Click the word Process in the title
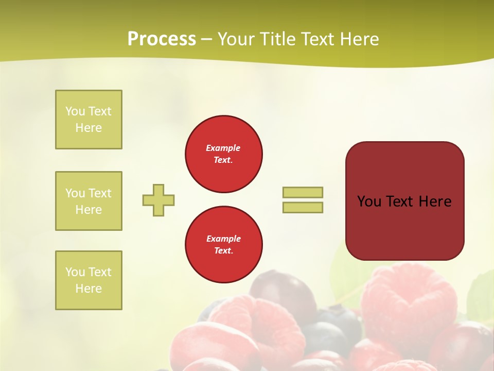click(x=162, y=39)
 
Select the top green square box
click(x=89, y=120)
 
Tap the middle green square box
click(x=89, y=201)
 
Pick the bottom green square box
click(x=89, y=280)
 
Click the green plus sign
click(x=158, y=200)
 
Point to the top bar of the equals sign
click(x=303, y=192)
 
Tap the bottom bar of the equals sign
click(x=303, y=207)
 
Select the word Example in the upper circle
click(x=223, y=148)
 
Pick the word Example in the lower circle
click(x=223, y=239)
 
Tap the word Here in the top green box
click(x=89, y=128)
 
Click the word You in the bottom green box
click(x=75, y=272)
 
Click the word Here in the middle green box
click(x=89, y=210)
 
